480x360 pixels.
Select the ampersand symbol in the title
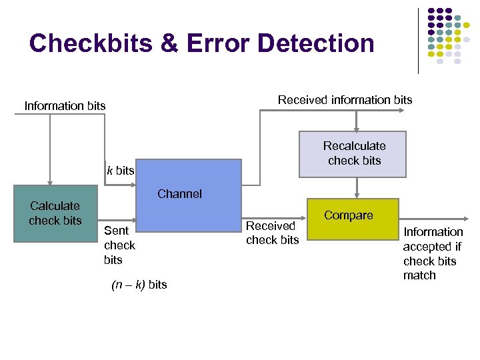coord(164,43)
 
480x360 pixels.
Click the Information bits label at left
coord(65,106)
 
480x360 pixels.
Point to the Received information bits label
coord(345,100)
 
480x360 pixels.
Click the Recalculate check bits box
coord(353,154)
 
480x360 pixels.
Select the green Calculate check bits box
coord(56,214)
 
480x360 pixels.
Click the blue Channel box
coord(188,199)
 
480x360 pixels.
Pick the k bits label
coord(120,171)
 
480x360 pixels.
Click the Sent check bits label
coord(119,245)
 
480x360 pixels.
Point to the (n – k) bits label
coord(139,285)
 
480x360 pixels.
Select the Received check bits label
coord(272,233)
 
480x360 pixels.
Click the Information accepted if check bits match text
coord(432,253)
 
